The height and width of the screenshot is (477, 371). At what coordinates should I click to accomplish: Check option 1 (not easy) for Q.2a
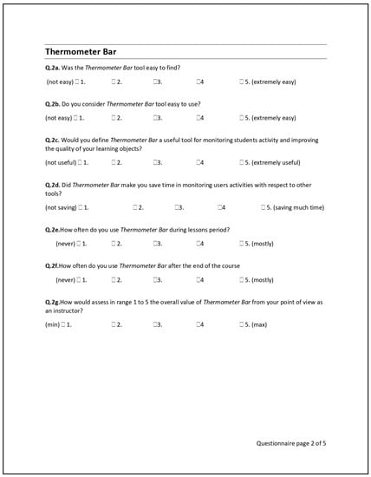[x=77, y=82]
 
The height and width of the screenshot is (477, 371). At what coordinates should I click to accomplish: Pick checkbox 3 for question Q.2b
[x=154, y=117]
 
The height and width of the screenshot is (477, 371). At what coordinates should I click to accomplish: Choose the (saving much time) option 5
[x=263, y=207]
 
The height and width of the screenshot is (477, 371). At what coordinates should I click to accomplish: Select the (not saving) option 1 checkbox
[x=81, y=207]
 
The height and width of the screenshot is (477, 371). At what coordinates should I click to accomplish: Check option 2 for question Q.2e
[x=114, y=244]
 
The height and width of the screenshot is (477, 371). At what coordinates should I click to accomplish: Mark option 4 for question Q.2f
[x=198, y=280]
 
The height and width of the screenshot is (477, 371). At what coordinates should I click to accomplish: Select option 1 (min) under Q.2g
[x=63, y=323]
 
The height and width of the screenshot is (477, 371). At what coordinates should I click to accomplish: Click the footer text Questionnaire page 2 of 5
[x=291, y=443]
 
